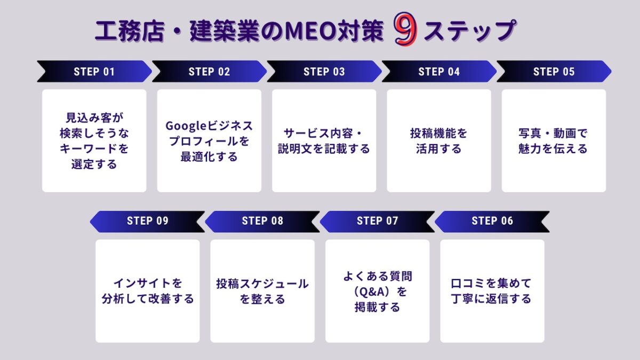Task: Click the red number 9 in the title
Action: click(405, 29)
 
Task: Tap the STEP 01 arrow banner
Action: click(94, 71)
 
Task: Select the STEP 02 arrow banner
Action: click(209, 71)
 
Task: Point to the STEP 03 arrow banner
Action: click(324, 71)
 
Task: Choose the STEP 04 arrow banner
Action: click(439, 71)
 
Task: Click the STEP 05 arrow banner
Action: click(554, 71)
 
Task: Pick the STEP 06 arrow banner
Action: click(492, 221)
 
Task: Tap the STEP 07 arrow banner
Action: click(377, 221)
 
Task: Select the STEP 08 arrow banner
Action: click(262, 221)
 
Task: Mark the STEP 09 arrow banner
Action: click(147, 221)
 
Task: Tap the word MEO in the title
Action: click(311, 30)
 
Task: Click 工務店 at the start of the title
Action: click(130, 31)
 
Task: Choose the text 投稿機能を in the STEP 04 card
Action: click(439, 133)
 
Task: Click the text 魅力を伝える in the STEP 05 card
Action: click(553, 149)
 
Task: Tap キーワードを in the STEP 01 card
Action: click(94, 149)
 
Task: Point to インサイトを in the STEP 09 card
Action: click(148, 283)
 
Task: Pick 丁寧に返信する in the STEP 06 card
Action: click(491, 299)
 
